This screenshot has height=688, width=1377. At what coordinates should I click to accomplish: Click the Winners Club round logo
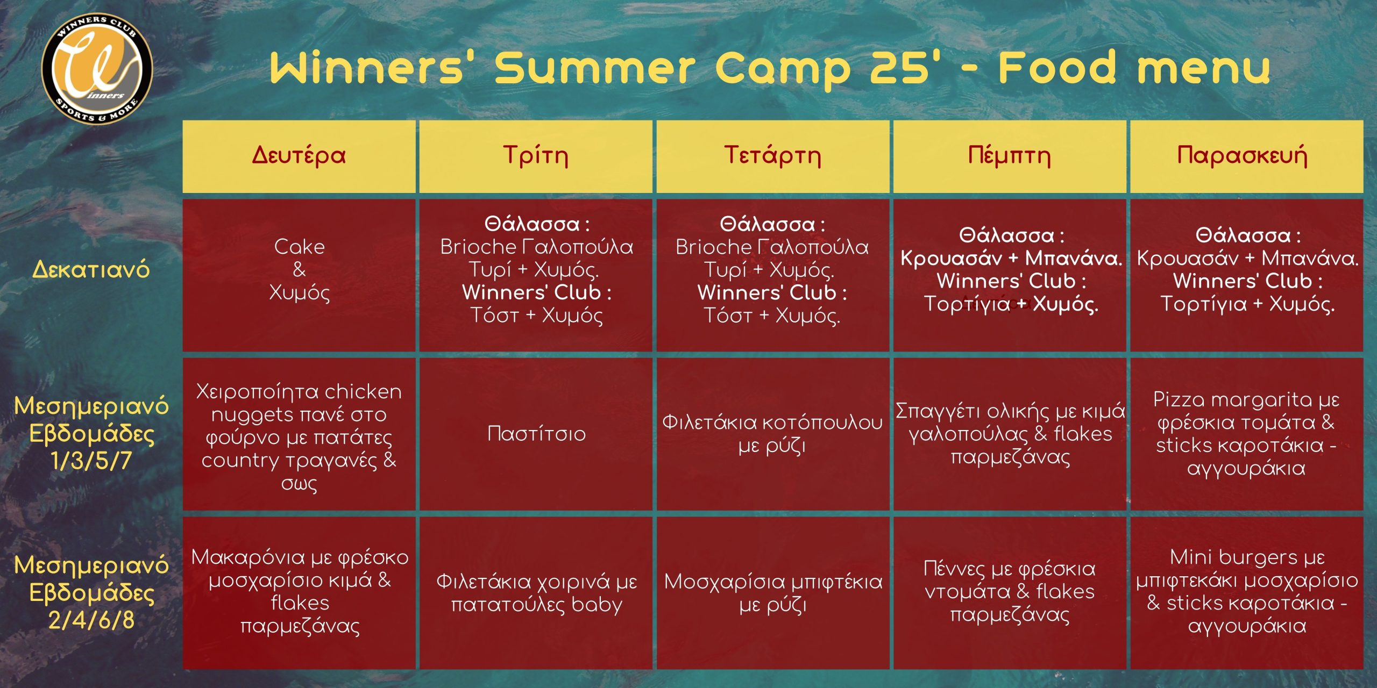[x=97, y=69]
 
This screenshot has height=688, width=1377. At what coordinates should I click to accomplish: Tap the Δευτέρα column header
[x=299, y=155]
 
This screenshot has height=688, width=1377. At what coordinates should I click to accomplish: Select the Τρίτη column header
[x=536, y=155]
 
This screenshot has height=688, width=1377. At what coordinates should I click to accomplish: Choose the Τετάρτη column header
[x=772, y=155]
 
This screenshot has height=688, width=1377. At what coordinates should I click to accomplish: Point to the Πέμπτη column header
[x=1010, y=155]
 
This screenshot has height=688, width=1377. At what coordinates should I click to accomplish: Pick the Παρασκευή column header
[x=1246, y=156]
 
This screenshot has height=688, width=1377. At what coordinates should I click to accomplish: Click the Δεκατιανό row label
[x=91, y=269]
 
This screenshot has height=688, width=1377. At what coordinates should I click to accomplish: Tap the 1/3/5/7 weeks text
[x=91, y=461]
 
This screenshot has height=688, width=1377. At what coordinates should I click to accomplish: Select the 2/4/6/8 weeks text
[x=91, y=620]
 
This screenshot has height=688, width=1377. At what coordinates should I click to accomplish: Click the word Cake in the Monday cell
[x=300, y=247]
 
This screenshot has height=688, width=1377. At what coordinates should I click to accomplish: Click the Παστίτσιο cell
[x=536, y=434]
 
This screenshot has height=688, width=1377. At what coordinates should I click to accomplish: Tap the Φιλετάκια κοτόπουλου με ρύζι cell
[x=772, y=434]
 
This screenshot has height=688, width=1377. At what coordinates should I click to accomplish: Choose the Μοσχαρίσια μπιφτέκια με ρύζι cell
[x=773, y=593]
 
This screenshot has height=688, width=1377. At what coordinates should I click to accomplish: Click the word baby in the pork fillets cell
[x=597, y=605]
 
